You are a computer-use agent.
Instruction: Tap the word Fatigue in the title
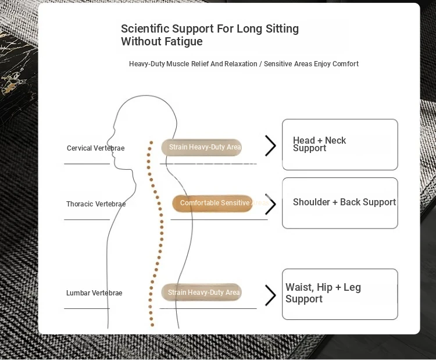point(183,41)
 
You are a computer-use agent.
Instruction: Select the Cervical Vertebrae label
point(96,148)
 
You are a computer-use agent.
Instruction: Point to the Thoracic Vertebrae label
point(96,204)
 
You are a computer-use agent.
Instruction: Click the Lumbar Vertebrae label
point(94,293)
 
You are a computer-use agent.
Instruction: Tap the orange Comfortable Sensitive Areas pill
point(212,203)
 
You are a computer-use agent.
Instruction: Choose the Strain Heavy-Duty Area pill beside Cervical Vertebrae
point(201,147)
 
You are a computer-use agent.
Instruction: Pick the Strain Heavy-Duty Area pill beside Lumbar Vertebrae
point(201,292)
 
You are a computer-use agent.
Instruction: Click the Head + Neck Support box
point(340,144)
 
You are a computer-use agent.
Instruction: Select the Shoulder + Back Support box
point(340,203)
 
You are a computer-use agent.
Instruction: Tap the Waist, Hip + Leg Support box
point(340,294)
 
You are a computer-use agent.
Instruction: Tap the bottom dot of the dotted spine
point(152,325)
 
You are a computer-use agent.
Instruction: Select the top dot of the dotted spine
point(151,142)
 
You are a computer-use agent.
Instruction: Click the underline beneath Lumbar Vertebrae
point(87,309)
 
